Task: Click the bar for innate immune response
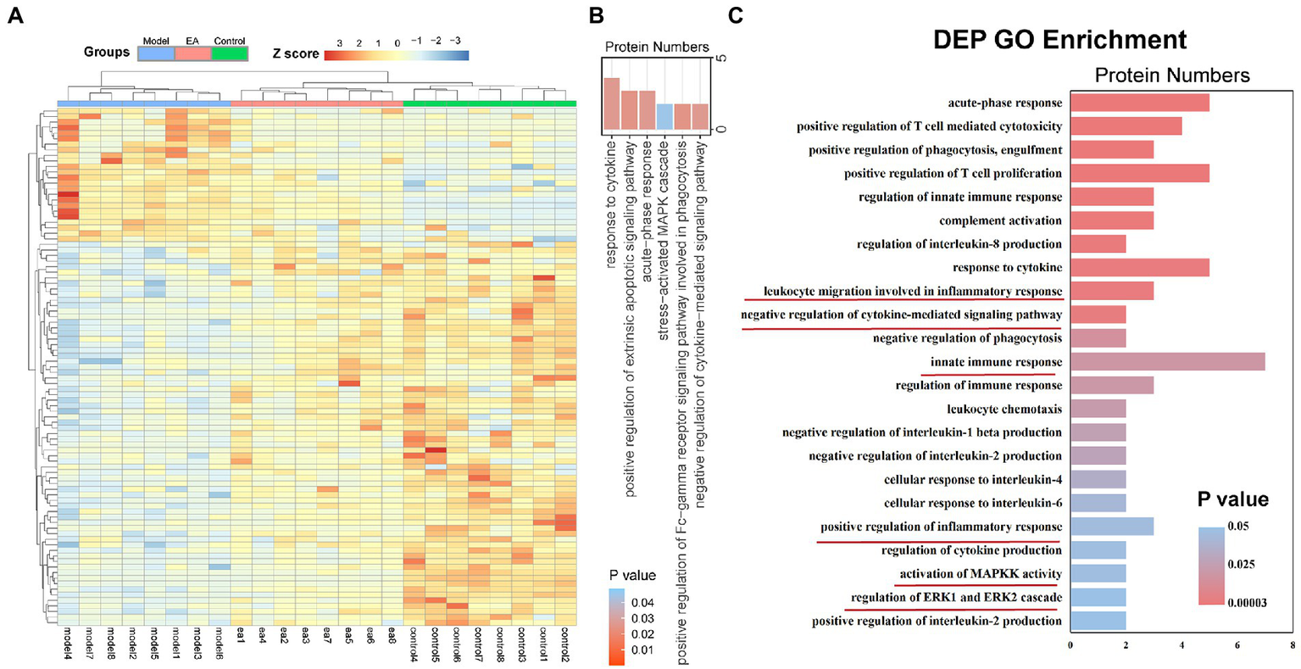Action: pyautogui.click(x=1167, y=362)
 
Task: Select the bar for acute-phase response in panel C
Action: pyautogui.click(x=1139, y=103)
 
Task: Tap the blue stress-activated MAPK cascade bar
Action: pyautogui.click(x=665, y=117)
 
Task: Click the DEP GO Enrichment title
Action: pyautogui.click(x=1059, y=39)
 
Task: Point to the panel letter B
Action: pyautogui.click(x=596, y=15)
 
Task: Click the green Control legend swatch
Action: pyautogui.click(x=229, y=53)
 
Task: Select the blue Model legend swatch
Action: pyautogui.click(x=156, y=53)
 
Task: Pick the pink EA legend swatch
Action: pyautogui.click(x=192, y=53)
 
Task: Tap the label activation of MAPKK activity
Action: pyautogui.click(x=981, y=574)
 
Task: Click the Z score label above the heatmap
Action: pyautogui.click(x=295, y=53)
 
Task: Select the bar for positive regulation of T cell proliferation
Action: pyautogui.click(x=1139, y=174)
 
